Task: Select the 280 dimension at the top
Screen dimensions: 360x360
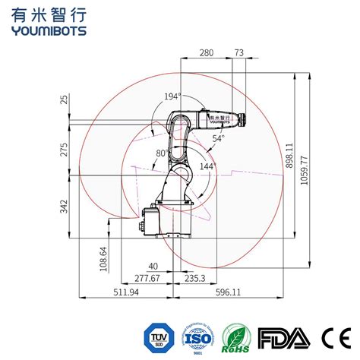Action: [205, 52]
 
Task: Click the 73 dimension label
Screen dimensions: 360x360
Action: [239, 52]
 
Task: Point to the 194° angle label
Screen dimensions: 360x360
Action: [172, 96]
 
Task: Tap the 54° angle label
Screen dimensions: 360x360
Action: [218, 139]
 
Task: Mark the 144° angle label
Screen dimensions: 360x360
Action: [207, 165]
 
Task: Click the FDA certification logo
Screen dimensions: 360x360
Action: [284, 336]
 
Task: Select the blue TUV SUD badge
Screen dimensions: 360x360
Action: [158, 336]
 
